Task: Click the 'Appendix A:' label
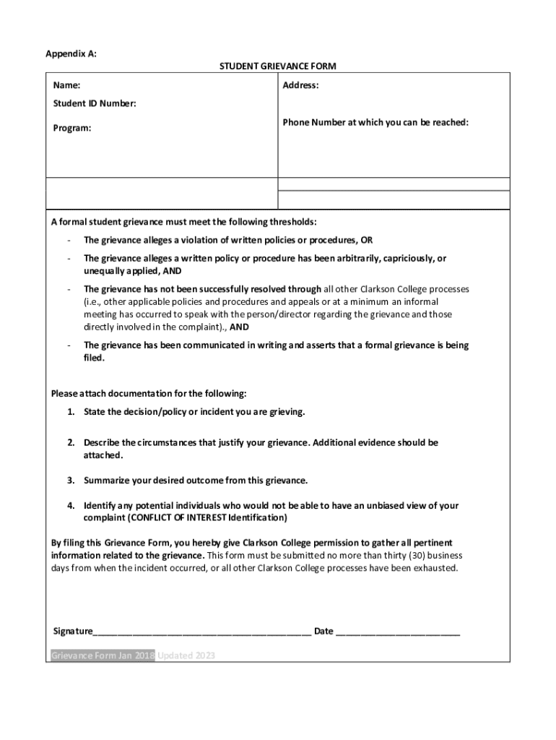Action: pyautogui.click(x=71, y=53)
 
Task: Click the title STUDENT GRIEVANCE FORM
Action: pyautogui.click(x=278, y=66)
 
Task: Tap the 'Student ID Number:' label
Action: pyautogui.click(x=95, y=104)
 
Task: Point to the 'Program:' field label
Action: pyautogui.click(x=72, y=128)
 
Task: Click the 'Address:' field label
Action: pyautogui.click(x=301, y=85)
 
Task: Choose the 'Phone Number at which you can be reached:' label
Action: pyautogui.click(x=375, y=123)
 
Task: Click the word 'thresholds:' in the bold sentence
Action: pyautogui.click(x=293, y=221)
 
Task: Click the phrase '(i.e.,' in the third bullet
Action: pyautogui.click(x=95, y=301)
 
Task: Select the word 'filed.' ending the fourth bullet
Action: pyautogui.click(x=95, y=358)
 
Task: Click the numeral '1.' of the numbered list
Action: pyautogui.click(x=71, y=412)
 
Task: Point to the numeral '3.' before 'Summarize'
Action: pyautogui.click(x=71, y=481)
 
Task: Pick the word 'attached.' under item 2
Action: pyautogui.click(x=103, y=455)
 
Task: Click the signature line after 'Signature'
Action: pyautogui.click(x=202, y=632)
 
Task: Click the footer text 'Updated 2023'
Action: pyautogui.click(x=186, y=656)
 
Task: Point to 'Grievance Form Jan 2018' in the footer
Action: pyautogui.click(x=103, y=656)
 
